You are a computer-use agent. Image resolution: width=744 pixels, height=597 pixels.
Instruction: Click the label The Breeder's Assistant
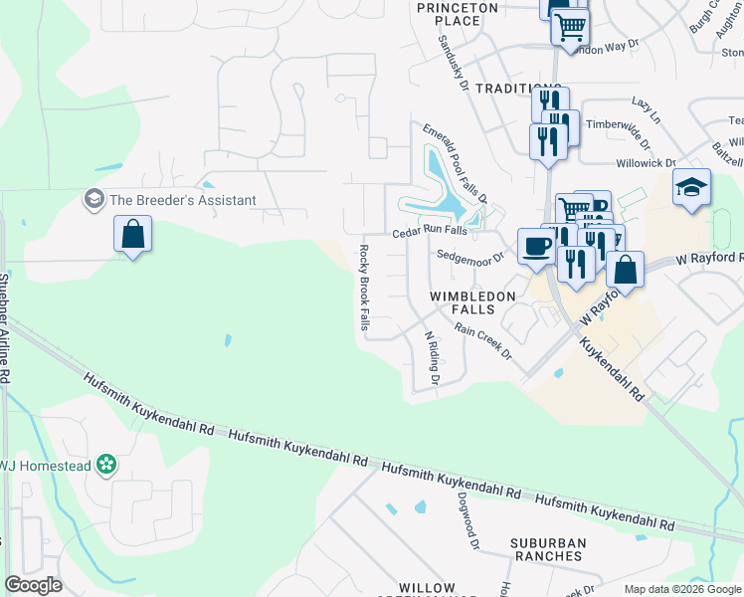183,200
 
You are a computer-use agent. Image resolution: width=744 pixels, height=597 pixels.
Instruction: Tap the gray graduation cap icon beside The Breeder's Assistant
95,200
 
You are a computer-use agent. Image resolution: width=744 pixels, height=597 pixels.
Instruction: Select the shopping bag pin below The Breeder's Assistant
132,236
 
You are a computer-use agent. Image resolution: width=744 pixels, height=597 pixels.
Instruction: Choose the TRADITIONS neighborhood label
518,89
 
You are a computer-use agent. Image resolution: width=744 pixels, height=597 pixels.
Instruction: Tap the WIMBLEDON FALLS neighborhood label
472,303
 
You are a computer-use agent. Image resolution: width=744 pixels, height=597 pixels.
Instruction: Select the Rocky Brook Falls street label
364,288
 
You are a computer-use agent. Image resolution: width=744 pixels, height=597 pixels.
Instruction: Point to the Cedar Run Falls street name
429,231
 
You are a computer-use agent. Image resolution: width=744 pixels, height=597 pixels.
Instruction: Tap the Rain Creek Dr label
482,340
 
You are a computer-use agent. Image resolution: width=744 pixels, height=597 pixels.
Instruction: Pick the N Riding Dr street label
432,358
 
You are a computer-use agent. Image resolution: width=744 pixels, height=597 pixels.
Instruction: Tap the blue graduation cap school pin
690,187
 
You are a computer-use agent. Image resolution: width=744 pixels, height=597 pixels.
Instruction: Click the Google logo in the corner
33,585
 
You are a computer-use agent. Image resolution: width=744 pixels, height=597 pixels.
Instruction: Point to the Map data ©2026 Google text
681,589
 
